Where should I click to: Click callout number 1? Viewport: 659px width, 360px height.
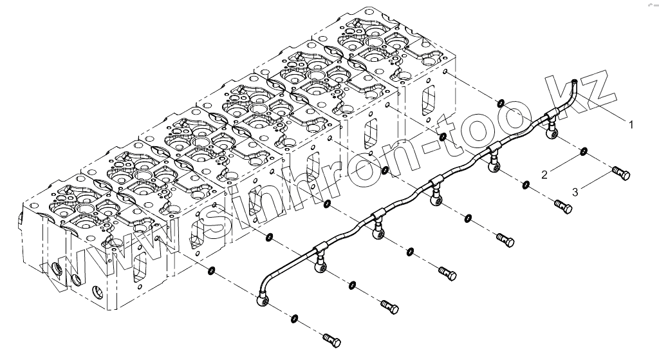coord(632,122)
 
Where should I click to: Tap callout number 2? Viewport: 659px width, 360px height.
coord(545,175)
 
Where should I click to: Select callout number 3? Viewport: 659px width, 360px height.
coord(575,191)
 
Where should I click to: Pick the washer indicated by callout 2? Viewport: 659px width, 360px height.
coord(582,152)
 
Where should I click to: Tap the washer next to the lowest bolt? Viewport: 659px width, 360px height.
coord(294,317)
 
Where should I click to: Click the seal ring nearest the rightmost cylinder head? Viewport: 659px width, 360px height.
coord(499,103)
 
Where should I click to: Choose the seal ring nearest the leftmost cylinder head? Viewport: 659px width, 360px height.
coord(210,269)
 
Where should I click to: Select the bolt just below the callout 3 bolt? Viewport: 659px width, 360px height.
coord(562,207)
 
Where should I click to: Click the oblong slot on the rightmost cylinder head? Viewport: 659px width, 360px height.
coord(427,101)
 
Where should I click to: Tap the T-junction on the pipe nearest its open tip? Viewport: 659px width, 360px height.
coord(552,117)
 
